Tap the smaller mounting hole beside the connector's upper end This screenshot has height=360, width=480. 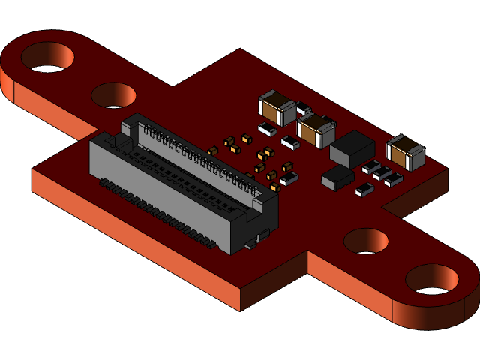(x=114, y=95)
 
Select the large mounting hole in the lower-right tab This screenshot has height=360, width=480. (x=431, y=278)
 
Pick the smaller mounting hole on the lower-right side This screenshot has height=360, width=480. (x=366, y=241)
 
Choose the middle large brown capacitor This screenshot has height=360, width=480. (x=316, y=129)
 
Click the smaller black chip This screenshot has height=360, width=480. (x=337, y=177)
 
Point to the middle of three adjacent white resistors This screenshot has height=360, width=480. (x=382, y=174)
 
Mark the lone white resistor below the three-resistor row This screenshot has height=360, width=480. (x=364, y=190)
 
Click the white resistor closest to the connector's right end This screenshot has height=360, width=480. (x=289, y=178)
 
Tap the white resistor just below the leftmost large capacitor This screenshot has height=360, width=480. (x=268, y=130)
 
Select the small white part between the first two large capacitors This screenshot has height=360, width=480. (x=303, y=109)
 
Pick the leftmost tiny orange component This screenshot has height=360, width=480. (x=212, y=151)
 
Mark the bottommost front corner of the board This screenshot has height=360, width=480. (x=240, y=310)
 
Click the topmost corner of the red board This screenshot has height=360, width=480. (x=240, y=50)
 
